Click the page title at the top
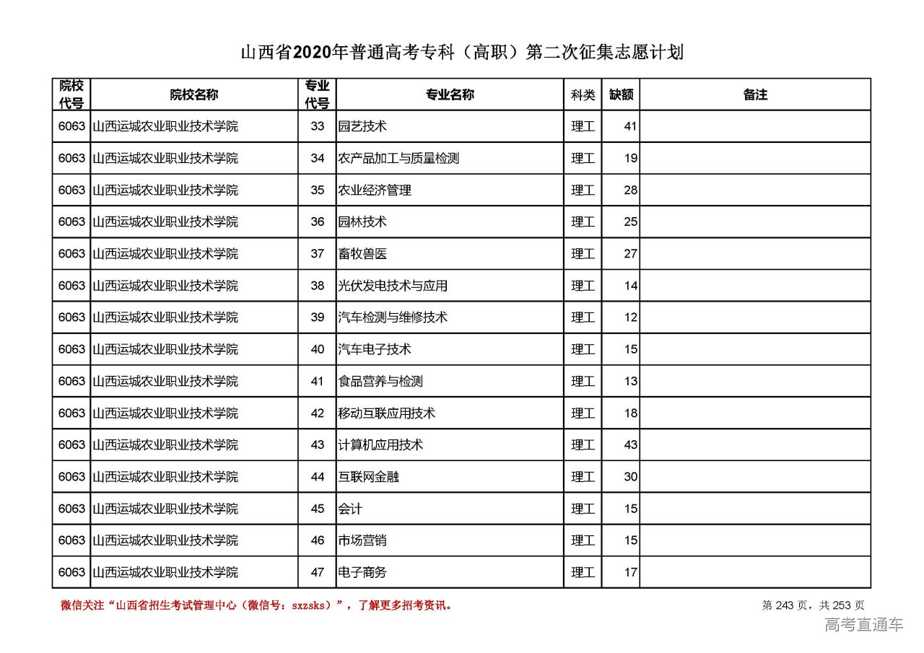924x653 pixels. click(461, 53)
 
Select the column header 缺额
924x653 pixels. click(621, 95)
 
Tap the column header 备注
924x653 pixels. click(755, 95)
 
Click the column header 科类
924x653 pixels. click(583, 95)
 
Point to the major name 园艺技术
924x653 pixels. click(362, 126)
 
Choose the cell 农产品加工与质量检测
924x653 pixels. click(398, 158)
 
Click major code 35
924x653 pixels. click(318, 190)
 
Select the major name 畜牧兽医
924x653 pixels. click(362, 254)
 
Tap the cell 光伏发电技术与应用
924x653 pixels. click(393, 286)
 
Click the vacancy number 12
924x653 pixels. click(631, 317)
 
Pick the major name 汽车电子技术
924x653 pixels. click(375, 349)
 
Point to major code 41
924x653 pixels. click(318, 381)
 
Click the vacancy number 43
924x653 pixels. click(631, 444)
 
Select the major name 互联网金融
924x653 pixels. click(368, 477)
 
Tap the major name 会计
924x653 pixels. click(350, 509)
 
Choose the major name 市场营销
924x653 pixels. click(362, 540)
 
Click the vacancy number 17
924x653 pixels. click(631, 572)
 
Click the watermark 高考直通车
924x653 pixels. click(863, 625)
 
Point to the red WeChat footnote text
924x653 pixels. click(256, 605)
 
